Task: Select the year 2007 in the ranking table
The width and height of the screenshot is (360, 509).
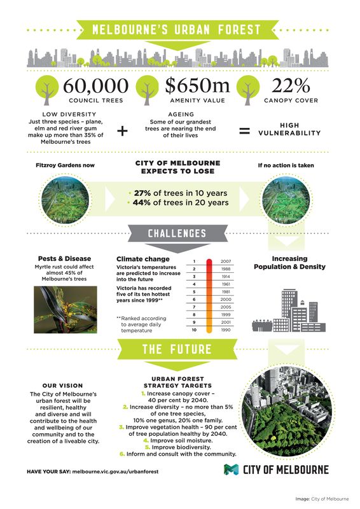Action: click(226, 261)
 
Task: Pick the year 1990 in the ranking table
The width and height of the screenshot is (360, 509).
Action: click(226, 330)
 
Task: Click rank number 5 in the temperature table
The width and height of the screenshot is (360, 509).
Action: click(193, 292)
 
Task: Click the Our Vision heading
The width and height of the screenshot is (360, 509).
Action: click(62, 386)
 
